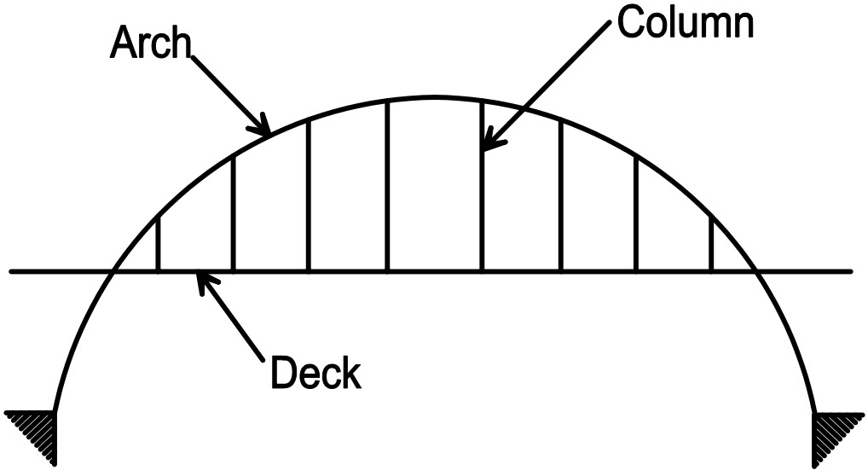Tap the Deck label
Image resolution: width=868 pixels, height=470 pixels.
click(315, 374)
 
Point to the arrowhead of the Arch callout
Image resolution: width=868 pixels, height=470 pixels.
click(265, 130)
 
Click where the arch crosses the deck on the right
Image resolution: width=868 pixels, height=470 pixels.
click(755, 272)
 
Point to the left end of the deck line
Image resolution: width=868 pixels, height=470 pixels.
click(11, 272)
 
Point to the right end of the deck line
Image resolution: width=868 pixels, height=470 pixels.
click(851, 272)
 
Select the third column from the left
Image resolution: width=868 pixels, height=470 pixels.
click(309, 196)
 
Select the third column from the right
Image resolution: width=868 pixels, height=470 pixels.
click(560, 196)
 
